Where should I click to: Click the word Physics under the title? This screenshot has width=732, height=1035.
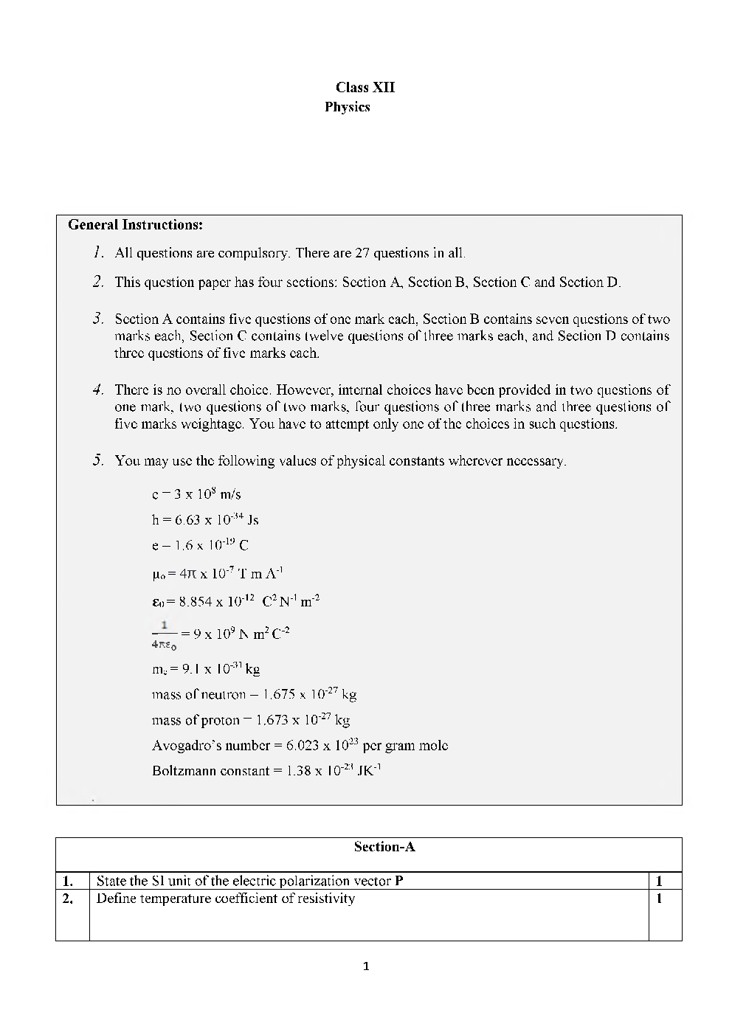coord(347,107)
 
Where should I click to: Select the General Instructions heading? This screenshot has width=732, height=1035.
coord(135,225)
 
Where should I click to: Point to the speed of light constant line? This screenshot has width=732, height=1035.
coord(196,494)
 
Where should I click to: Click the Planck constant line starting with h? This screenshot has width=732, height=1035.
coord(205,520)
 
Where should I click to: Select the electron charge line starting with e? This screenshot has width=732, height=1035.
coord(200,546)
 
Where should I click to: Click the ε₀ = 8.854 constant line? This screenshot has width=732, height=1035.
coord(235,601)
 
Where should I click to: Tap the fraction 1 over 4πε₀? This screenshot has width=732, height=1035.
coord(164,634)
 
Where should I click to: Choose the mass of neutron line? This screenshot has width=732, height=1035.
coord(254,694)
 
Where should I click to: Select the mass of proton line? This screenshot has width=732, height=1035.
coord(250,720)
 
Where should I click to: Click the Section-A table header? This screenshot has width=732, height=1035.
coord(384,847)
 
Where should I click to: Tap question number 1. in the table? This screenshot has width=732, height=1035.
coord(68,881)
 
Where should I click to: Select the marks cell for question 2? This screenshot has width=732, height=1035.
coord(659,899)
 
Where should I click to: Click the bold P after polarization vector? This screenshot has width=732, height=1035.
coord(399,881)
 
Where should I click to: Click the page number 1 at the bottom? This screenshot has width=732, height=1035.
coord(366,966)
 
